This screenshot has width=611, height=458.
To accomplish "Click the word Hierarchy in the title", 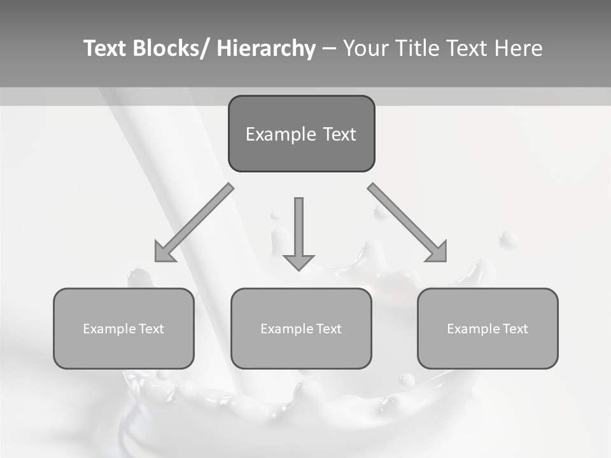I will (266, 49).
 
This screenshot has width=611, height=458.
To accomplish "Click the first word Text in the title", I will (105, 49).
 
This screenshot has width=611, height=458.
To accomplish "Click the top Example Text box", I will (301, 134).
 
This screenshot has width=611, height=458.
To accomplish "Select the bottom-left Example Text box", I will (123, 328).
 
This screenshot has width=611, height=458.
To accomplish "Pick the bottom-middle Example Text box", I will (301, 328).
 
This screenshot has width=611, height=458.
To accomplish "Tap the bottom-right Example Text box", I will (488, 328).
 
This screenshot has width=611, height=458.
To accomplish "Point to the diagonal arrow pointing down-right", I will (408, 223).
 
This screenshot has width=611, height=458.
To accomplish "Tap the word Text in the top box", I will (339, 134).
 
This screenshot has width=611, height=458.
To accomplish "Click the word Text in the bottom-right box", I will (515, 329).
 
